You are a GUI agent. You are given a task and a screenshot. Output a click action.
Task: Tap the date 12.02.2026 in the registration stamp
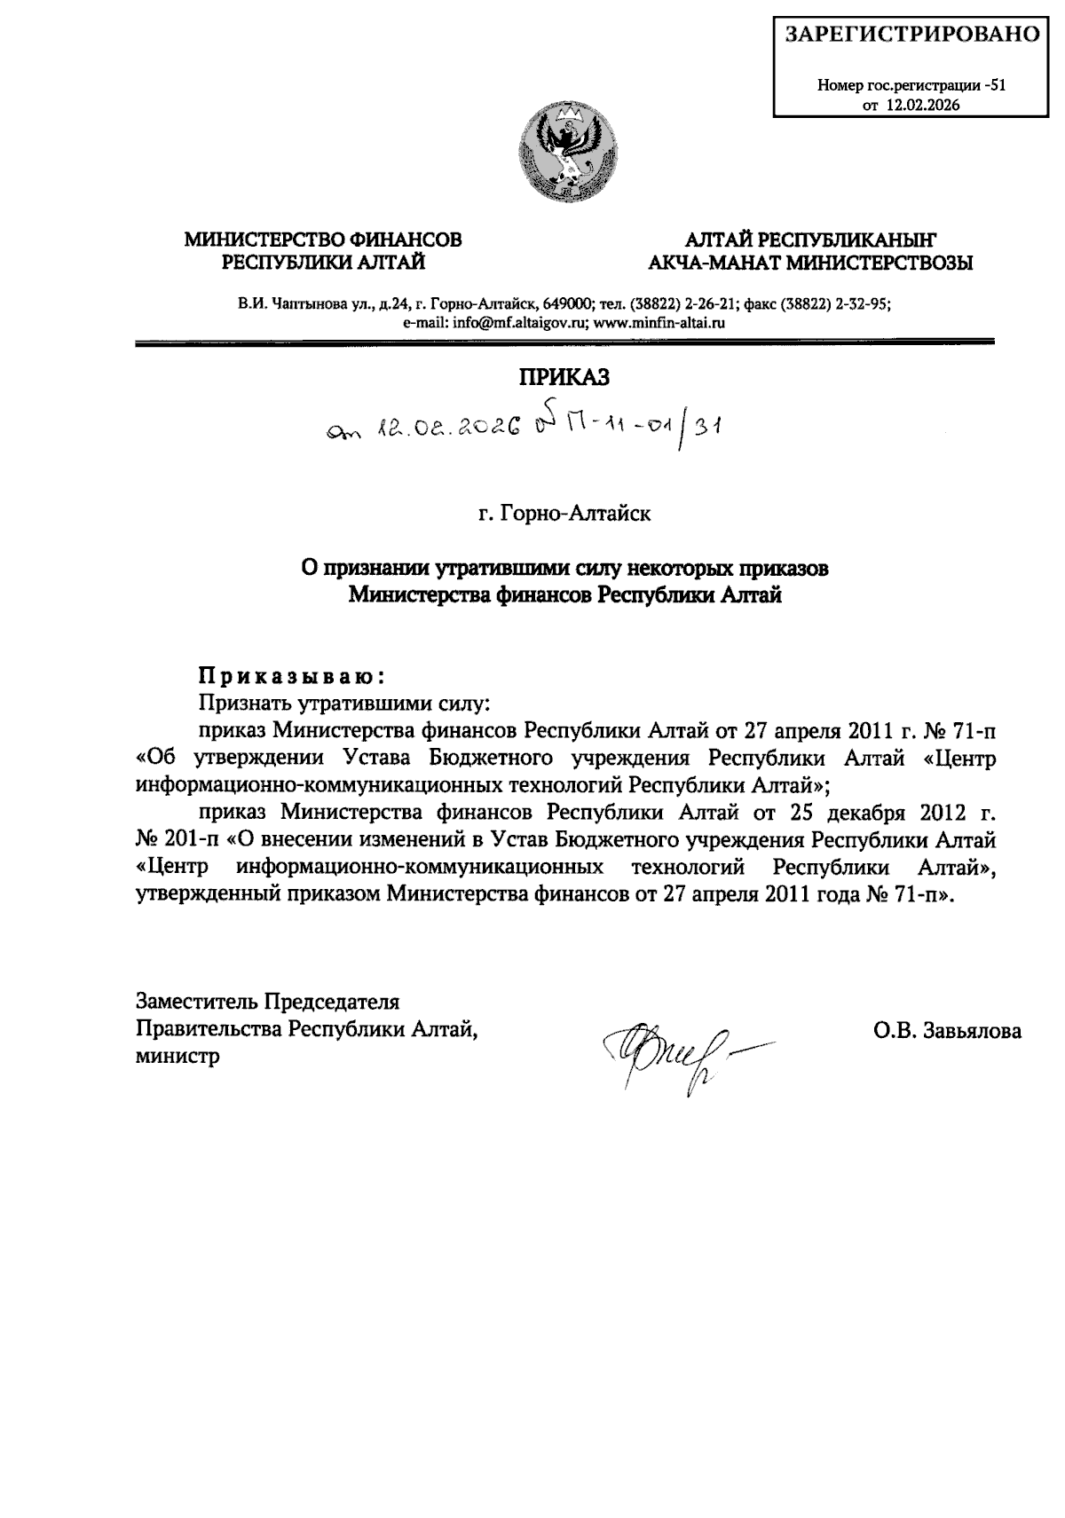click(923, 105)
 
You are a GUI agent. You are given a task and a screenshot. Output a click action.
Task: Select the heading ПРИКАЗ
click(564, 377)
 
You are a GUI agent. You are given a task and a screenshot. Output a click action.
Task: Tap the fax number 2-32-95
click(863, 303)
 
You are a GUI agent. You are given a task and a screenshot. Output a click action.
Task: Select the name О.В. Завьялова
click(947, 1031)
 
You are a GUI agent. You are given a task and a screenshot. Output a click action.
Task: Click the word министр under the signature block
click(177, 1057)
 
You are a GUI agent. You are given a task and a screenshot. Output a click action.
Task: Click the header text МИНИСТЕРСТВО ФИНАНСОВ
click(323, 240)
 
